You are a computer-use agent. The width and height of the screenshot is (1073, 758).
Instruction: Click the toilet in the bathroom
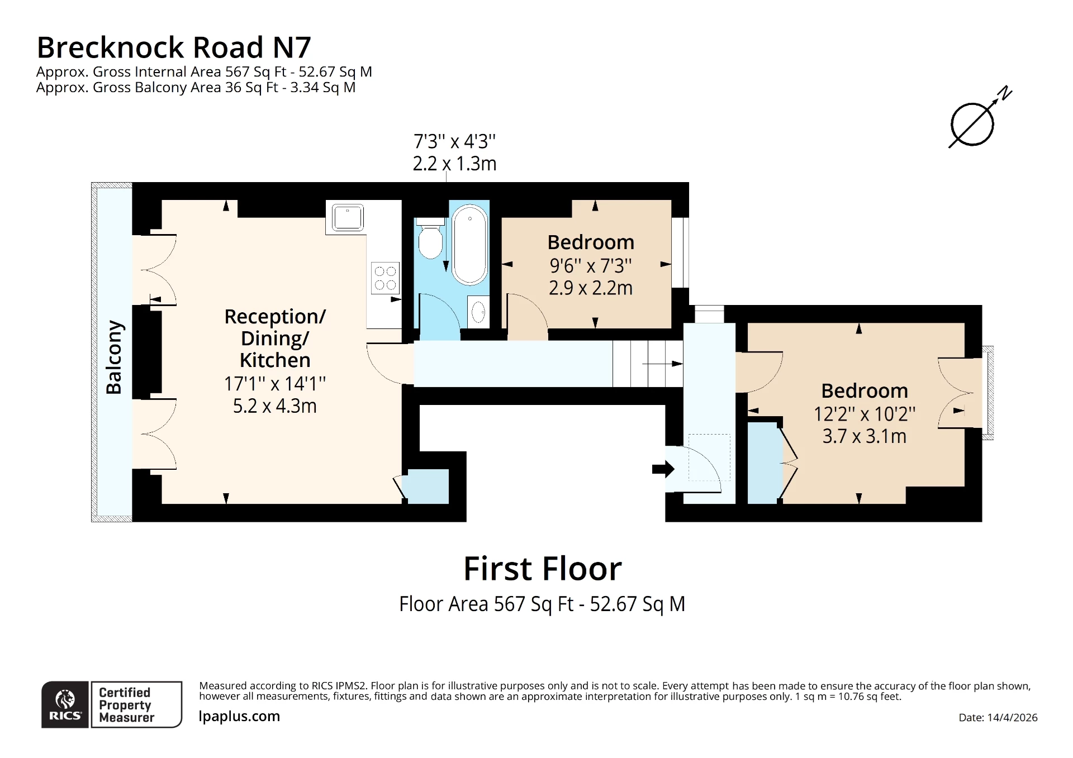coord(430,241)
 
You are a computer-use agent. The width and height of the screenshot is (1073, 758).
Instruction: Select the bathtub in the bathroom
coord(469,245)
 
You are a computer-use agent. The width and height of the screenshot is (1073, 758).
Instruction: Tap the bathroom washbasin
coord(478,311)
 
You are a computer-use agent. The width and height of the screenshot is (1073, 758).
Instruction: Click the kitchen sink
coord(348,217)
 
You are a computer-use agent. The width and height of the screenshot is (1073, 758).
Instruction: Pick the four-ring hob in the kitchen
coord(385,278)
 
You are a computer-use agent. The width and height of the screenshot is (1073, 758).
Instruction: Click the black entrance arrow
coord(663,469)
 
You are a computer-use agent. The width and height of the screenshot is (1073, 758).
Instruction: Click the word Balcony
coord(114,357)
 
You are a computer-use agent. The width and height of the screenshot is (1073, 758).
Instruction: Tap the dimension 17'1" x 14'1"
coord(274,384)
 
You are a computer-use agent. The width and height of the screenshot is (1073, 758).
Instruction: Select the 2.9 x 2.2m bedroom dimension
coord(590,288)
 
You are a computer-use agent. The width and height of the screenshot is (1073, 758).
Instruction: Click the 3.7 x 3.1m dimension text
coord(864,436)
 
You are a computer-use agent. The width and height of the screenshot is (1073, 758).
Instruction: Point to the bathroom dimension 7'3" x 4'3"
coord(454,141)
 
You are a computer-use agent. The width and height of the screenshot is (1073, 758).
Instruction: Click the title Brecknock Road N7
coord(173,47)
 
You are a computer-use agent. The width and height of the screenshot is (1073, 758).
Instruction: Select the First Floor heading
coord(542,569)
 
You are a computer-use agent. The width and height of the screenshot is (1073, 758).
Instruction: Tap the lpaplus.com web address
coord(239,716)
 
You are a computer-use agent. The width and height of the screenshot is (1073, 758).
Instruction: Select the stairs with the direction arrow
coord(648,364)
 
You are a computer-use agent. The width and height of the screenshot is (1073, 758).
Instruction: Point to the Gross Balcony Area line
coord(196,88)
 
